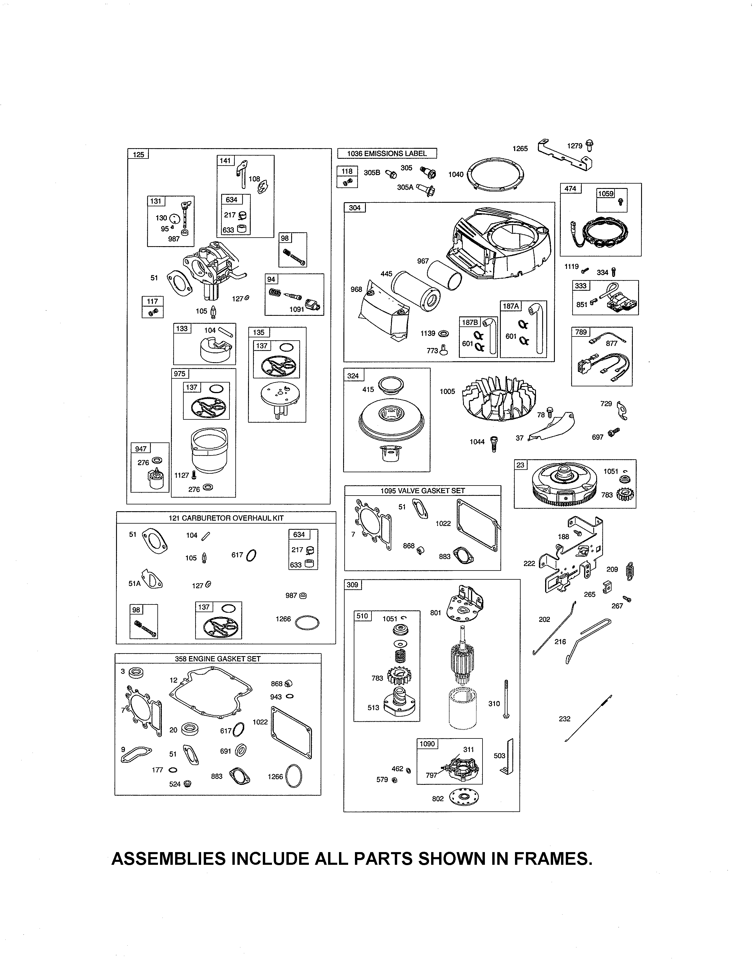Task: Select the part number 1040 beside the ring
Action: [x=456, y=174]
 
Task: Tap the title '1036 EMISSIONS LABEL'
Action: [x=387, y=153]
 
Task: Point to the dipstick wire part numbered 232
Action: [x=588, y=718]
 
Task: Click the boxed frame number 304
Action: [x=355, y=208]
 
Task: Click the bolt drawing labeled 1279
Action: [x=590, y=146]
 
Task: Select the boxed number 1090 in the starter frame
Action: [x=427, y=744]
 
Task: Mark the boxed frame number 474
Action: [x=571, y=189]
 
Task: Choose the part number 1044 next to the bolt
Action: [x=477, y=442]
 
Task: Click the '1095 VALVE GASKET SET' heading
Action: [x=423, y=491]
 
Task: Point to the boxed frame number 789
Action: [x=581, y=332]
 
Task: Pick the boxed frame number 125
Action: [x=138, y=154]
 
